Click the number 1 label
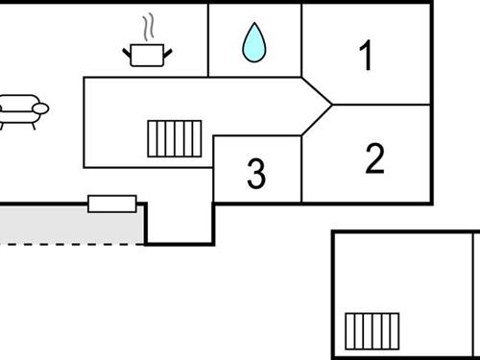(x=365, y=57)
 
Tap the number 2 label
(x=374, y=158)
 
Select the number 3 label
(x=255, y=174)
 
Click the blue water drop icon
(x=253, y=43)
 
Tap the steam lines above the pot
(x=148, y=25)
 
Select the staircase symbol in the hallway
(x=174, y=137)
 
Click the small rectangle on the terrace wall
(x=112, y=203)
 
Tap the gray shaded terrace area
(x=67, y=224)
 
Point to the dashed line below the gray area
(x=67, y=244)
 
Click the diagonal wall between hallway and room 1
(x=317, y=90)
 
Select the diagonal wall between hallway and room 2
(x=317, y=119)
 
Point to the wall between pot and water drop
(x=208, y=38)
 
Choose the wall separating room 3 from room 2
(x=301, y=168)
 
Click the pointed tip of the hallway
(x=331, y=104)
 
